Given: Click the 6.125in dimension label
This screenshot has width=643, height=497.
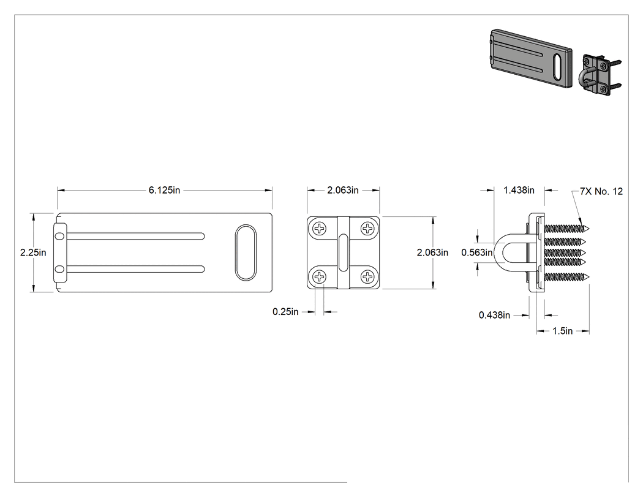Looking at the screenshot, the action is click(164, 191).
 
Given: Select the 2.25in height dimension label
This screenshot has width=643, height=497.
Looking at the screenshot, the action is click(33, 252).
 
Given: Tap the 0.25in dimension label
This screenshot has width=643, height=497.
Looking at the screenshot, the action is click(285, 312).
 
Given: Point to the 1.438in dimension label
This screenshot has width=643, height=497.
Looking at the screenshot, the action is click(519, 190).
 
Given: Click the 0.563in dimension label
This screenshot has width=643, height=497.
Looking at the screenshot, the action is click(477, 252).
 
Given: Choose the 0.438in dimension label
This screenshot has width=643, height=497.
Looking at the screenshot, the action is click(495, 315).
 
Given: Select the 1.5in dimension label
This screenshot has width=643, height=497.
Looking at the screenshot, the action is click(563, 331).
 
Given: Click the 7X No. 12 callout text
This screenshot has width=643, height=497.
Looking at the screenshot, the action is click(601, 191).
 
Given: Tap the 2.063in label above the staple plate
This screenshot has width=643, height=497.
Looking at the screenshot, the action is click(343, 190).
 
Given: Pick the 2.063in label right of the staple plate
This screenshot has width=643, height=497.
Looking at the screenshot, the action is click(432, 252).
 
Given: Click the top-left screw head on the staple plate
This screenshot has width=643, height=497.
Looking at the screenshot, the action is click(320, 228).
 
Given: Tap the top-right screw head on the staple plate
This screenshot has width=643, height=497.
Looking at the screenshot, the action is click(367, 228).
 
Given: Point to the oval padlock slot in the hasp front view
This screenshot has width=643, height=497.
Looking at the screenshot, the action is click(246, 252).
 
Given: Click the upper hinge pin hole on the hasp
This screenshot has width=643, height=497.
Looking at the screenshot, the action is click(60, 236).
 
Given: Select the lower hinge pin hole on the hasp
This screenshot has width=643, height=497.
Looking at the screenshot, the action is click(60, 269).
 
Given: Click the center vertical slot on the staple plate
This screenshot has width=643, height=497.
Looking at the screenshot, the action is click(343, 252).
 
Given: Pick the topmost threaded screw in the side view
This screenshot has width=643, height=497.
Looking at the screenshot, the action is click(566, 229).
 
